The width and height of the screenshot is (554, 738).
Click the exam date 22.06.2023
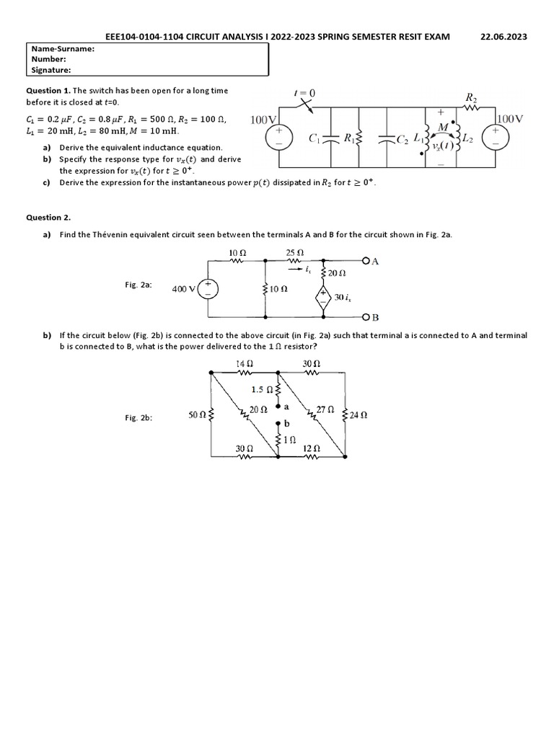coord(504,37)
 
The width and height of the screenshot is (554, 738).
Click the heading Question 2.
coord(49,217)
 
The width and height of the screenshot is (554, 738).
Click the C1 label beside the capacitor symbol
coord(314,138)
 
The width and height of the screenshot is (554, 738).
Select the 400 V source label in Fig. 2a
coord(184,289)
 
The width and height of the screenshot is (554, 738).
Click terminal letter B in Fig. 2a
coord(374,317)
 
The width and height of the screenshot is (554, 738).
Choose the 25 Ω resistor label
coord(294,253)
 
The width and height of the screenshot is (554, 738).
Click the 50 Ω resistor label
coord(197,415)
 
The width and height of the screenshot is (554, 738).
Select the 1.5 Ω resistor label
coord(261,390)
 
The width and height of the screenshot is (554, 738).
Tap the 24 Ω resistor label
coord(359,415)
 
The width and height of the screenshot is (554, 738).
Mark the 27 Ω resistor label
coord(325,409)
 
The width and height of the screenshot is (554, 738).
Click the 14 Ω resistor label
coord(245,364)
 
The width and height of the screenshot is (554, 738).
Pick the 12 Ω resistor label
coord(312,448)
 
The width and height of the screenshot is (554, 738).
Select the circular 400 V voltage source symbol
coord(208,289)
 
